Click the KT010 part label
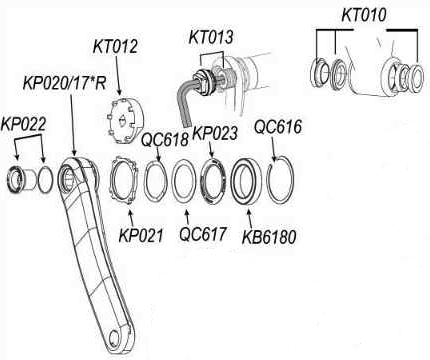pos(364,15)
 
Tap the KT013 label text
pos(211,37)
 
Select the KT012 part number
pos(115,47)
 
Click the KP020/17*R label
pos(64,83)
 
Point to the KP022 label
pos(23,125)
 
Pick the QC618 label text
pos(165,139)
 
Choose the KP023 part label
pos(215,133)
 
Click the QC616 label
pos(278,127)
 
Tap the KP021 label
pos(141,235)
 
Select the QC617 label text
pos(203,234)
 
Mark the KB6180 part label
pos(269,237)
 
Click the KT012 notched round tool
pos(124,120)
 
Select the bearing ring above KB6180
pos(232,182)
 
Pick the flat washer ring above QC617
pos(173,182)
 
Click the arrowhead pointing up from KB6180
pos(249,211)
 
